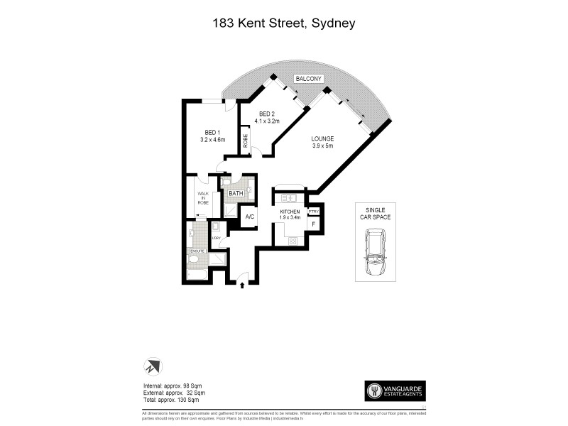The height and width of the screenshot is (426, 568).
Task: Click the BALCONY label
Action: [310, 78]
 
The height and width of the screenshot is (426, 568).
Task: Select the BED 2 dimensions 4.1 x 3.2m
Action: [269, 121]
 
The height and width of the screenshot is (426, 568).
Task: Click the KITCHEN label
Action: [290, 212]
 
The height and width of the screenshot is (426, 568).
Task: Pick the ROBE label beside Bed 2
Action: [246, 141]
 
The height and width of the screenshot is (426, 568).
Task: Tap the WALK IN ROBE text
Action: [202, 200]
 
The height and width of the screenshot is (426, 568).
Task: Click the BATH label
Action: [236, 192]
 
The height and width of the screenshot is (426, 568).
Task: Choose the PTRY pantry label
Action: [315, 212]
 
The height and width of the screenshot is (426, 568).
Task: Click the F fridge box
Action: [314, 225]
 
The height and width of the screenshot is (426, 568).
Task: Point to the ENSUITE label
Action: [197, 251]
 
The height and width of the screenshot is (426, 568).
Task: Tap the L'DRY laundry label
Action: [215, 238]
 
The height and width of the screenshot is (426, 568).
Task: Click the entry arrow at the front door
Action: [243, 285]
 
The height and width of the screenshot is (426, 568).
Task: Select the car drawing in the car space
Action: [375, 254]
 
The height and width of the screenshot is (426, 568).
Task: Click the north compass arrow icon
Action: [153, 366]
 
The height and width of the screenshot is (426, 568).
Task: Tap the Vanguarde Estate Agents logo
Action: [395, 390]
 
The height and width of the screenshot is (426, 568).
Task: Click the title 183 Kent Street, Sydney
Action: [284, 23]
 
